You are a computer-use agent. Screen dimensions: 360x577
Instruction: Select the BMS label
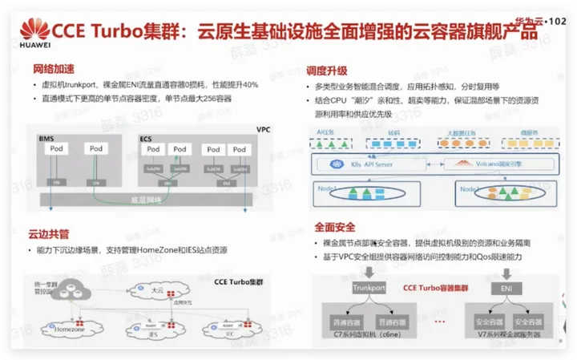tap(46, 139)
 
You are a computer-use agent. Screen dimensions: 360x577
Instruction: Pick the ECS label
tap(146, 139)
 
